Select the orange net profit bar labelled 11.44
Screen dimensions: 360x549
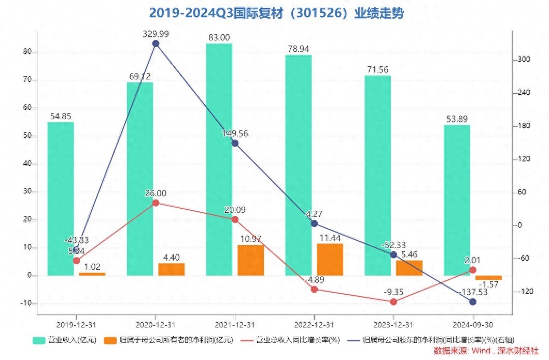(330, 260)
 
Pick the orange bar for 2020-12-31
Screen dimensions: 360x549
(171, 269)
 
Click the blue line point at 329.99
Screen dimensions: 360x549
(156, 44)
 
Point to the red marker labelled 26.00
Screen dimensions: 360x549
(156, 203)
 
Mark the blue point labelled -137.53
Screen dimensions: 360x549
(473, 302)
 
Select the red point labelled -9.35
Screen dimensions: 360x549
(393, 302)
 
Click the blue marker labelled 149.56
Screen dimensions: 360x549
(235, 143)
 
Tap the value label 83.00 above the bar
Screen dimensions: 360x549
(219, 37)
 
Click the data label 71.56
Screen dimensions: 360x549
(377, 69)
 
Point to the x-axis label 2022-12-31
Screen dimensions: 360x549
(314, 325)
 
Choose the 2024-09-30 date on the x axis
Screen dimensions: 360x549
(473, 325)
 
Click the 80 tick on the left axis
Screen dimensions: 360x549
(26, 52)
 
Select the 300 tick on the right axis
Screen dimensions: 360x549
(525, 60)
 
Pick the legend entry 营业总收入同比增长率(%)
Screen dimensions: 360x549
(291, 340)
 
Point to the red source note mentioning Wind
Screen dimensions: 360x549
(486, 351)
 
